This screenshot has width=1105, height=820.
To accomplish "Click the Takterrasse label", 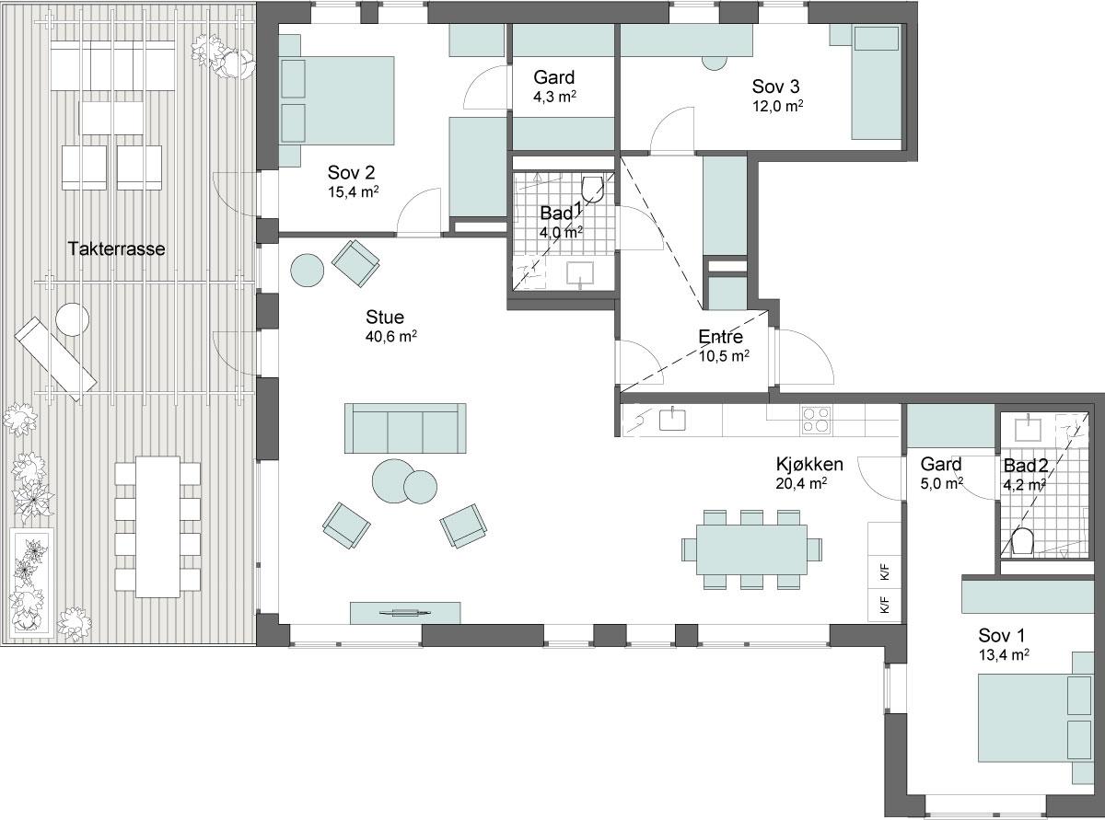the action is coord(117,248).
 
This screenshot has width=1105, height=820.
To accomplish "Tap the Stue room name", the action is coord(385,317).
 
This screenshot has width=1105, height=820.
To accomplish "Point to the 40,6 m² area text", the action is coord(391,337).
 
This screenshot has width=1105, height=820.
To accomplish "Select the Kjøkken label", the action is coord(809,465).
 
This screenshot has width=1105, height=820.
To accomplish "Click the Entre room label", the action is coord(720,337).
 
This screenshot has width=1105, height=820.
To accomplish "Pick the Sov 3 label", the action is coord(775,87).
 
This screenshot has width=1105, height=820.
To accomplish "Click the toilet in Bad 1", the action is coord(593,189).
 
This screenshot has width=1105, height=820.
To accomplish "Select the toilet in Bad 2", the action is coord(1022,542).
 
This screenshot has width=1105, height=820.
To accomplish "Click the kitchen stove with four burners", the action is coord(816,420).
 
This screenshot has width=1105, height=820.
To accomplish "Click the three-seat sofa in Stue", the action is coord(405,428).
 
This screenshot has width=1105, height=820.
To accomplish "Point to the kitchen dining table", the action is coord(751,549).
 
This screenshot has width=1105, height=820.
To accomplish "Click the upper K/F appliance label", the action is coord(885,572).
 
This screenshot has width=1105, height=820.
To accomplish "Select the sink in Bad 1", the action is coord(580,273).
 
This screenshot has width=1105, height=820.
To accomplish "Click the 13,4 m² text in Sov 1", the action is coord(1004,654).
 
